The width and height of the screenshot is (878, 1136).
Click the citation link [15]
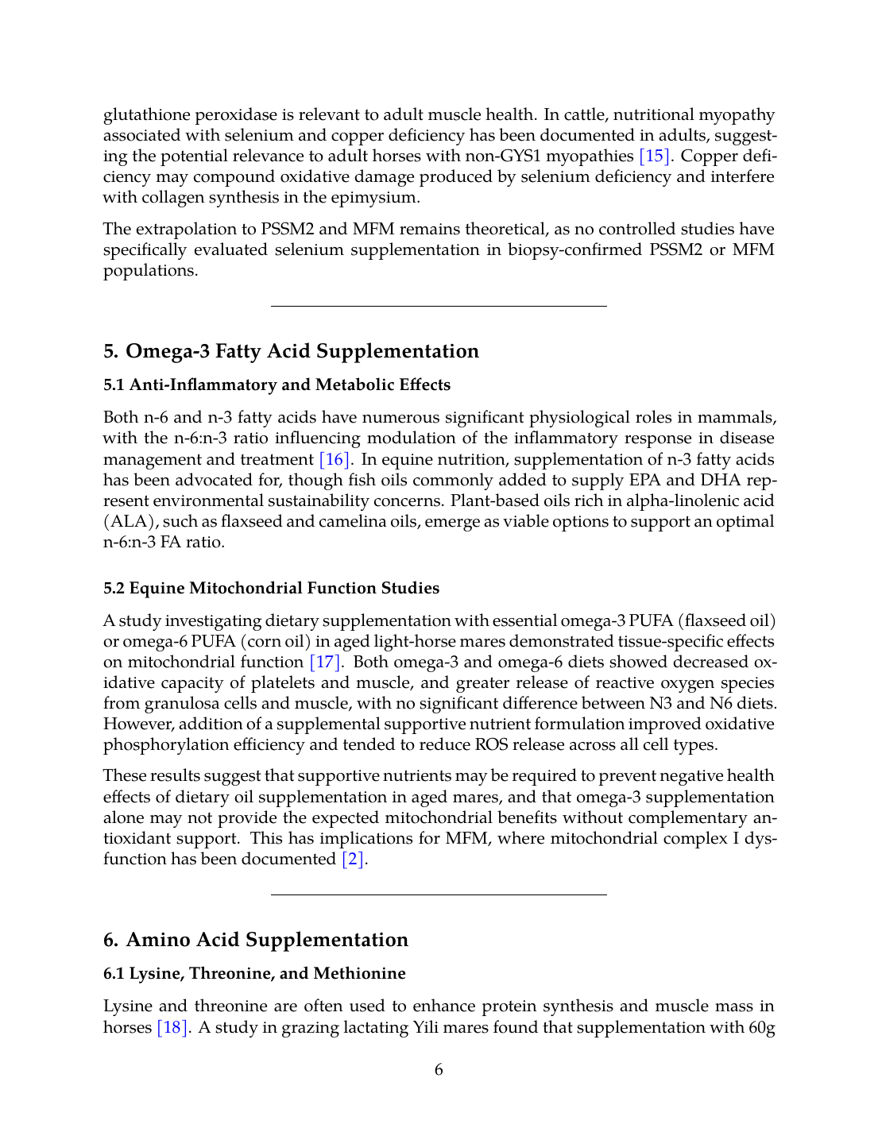click(655, 156)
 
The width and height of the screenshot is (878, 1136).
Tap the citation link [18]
click(172, 1027)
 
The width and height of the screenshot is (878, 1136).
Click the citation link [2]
click(353, 859)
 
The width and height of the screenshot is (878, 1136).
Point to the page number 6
click(439, 1069)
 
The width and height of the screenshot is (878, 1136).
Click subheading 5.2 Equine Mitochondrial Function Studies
click(271, 588)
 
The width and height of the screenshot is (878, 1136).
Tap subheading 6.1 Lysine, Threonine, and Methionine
click(254, 973)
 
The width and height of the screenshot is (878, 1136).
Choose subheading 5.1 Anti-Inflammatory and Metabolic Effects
click(277, 384)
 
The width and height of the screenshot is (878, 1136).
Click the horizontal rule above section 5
click(439, 306)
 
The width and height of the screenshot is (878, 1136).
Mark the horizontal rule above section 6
click(439, 895)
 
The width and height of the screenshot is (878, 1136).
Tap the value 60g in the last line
click(761, 1027)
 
